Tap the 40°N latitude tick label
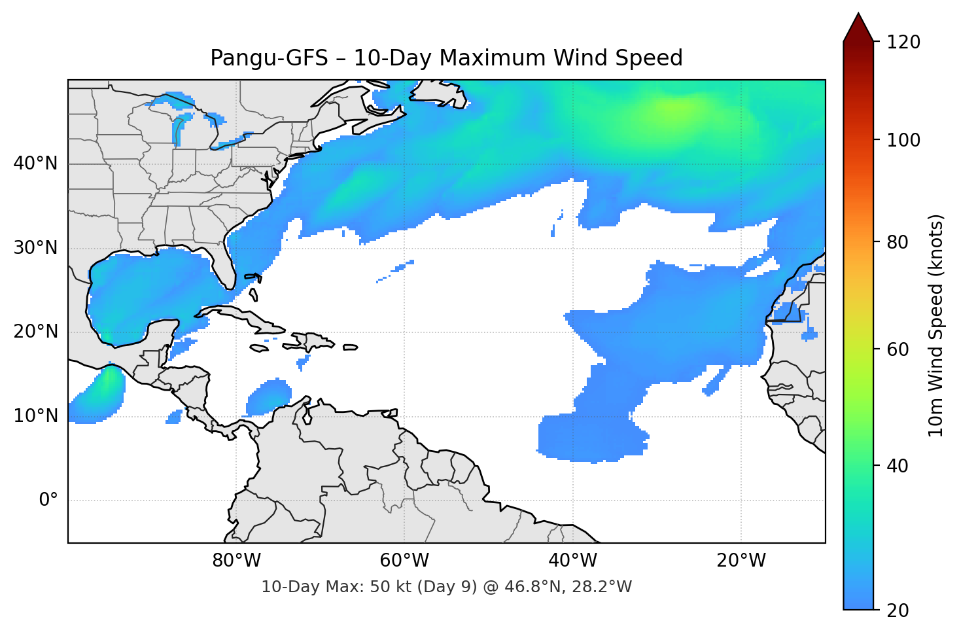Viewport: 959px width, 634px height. click(35, 164)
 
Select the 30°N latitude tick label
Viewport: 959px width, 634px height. click(35, 248)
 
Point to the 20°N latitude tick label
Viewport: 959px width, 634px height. click(35, 332)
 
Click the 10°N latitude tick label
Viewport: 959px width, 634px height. click(35, 416)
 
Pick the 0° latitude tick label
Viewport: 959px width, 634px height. click(48, 501)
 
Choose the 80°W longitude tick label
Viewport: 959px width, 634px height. click(236, 561)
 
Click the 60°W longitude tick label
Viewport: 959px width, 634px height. click(404, 561)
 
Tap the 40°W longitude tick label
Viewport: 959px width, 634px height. click(572, 561)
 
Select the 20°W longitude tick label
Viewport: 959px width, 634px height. click(741, 561)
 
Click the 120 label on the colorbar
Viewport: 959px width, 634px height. click(903, 43)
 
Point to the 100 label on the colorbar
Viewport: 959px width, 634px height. click(903, 140)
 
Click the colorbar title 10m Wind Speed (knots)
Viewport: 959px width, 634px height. click(936, 325)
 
